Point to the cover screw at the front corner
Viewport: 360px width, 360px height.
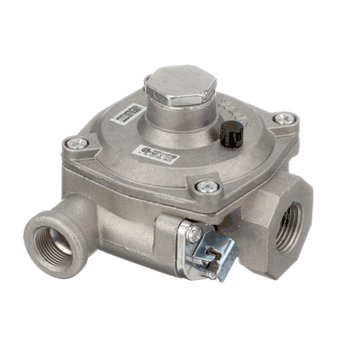(x=207, y=187)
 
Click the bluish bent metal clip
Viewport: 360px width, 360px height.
(x=216, y=256)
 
